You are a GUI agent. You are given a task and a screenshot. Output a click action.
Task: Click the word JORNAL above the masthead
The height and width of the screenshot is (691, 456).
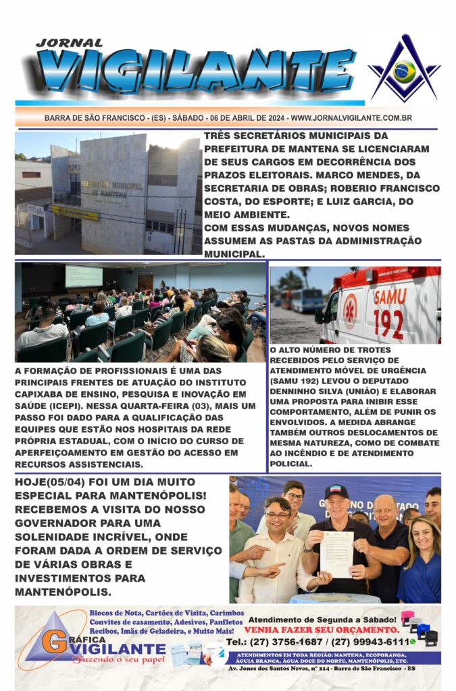point(70,43)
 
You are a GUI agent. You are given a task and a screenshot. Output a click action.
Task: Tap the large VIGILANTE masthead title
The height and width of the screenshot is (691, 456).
point(196,70)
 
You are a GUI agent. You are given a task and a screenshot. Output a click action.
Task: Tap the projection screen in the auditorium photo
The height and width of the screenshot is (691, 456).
point(84,276)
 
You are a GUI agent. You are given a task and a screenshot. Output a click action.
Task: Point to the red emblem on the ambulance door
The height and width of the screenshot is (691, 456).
point(350,311)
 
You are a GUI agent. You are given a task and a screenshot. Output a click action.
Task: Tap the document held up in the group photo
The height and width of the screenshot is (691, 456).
point(336,554)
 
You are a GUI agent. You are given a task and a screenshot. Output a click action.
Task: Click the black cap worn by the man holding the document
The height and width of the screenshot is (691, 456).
point(336,491)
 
